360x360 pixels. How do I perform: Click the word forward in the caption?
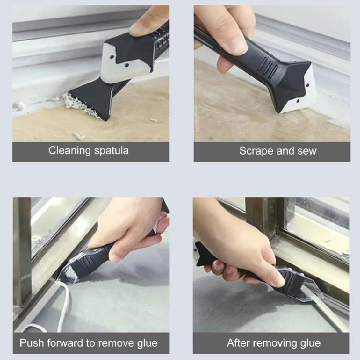point(65,343)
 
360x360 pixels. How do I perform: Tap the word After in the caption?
point(238,343)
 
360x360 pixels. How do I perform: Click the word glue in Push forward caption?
point(145,343)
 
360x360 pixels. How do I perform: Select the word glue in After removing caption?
point(310,343)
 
